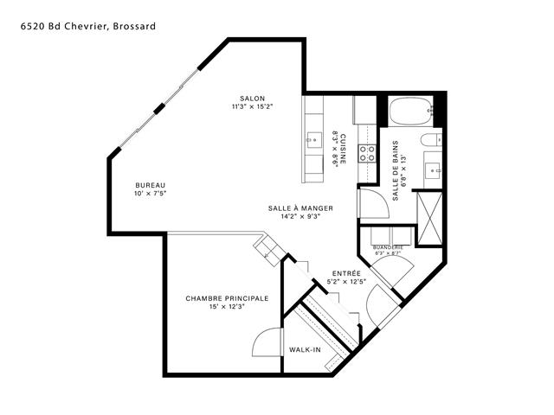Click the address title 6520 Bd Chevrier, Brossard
pyautogui.click(x=88, y=26)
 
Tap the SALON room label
pyautogui.click(x=252, y=99)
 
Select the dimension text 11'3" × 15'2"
pyautogui.click(x=252, y=107)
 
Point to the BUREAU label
pyautogui.click(x=150, y=185)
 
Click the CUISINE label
pyautogui.click(x=343, y=149)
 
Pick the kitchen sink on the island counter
pyautogui.click(x=313, y=140)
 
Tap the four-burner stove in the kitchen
pyautogui.click(x=367, y=154)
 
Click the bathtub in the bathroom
pyautogui.click(x=410, y=111)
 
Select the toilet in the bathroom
pyautogui.click(x=431, y=140)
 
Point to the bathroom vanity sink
pyautogui.click(x=433, y=171)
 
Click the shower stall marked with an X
pyautogui.click(x=429, y=218)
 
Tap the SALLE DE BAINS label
pyautogui.click(x=395, y=171)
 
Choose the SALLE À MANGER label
pyautogui.click(x=300, y=208)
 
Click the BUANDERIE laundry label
pyautogui.click(x=388, y=247)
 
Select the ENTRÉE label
pyautogui.click(x=346, y=273)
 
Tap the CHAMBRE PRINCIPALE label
pyautogui.click(x=227, y=298)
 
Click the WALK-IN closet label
pyautogui.click(x=305, y=349)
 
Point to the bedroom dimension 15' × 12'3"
pyautogui.click(x=227, y=307)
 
